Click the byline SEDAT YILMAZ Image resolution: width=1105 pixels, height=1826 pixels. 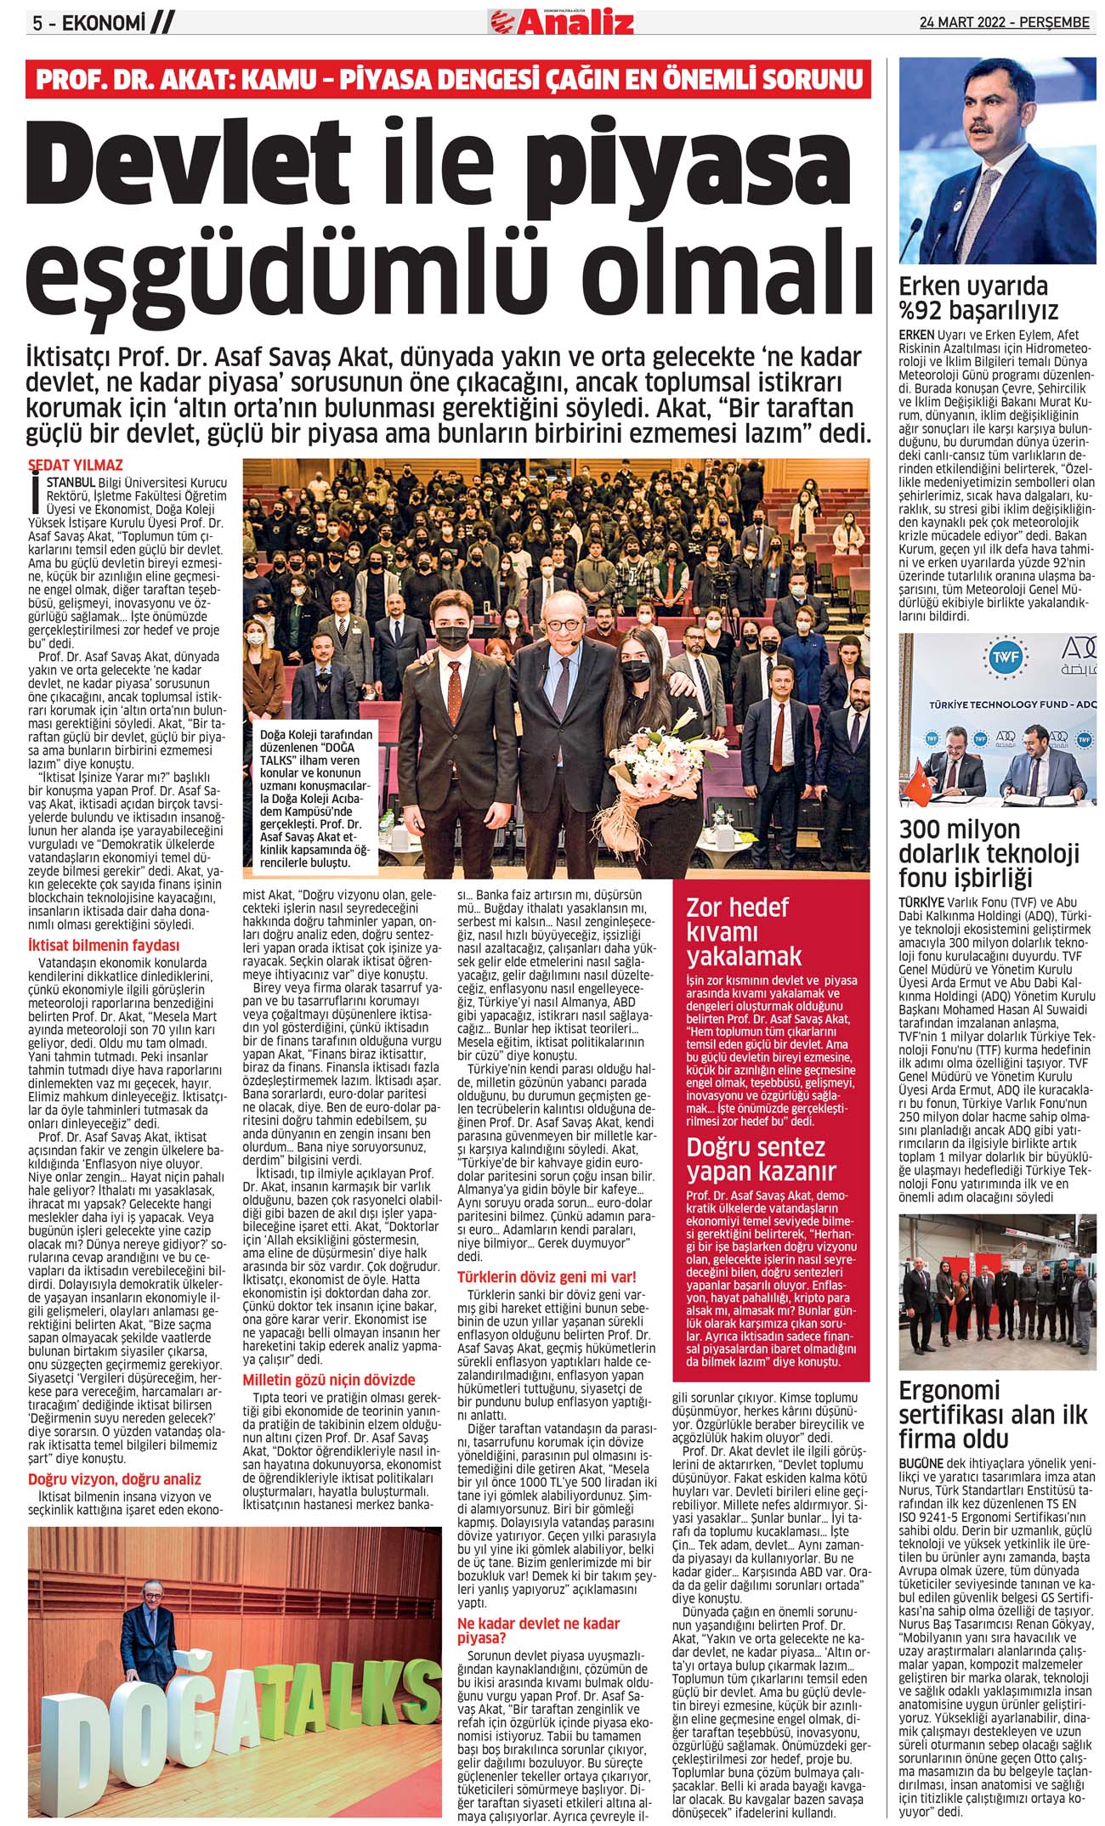point(76,465)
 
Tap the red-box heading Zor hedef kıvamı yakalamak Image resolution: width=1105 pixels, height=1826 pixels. point(744,931)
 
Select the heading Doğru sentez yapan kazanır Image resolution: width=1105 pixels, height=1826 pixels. point(756,1159)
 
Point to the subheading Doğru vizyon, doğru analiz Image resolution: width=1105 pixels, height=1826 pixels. point(115,1479)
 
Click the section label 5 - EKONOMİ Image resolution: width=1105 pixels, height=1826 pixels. point(85,24)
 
